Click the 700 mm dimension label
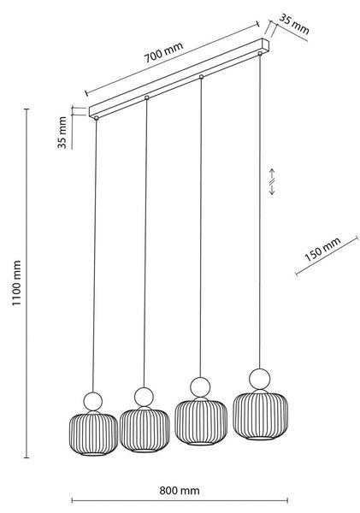click(x=163, y=52)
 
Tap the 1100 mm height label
click(x=16, y=283)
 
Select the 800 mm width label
click(x=180, y=491)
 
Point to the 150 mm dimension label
click(x=322, y=250)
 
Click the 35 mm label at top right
click(x=293, y=24)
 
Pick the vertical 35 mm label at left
click(x=62, y=133)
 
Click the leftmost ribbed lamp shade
click(x=93, y=433)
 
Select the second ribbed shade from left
click(x=145, y=429)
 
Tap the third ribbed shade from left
click(x=201, y=422)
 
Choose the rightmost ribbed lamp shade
click(x=261, y=415)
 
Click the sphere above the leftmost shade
click(x=92, y=402)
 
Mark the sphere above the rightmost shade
click(x=260, y=380)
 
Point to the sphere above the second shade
click(x=144, y=397)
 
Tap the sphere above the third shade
click(x=200, y=387)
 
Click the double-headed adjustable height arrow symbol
click(x=272, y=182)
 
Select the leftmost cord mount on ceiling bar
click(x=97, y=118)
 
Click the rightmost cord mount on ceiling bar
click(x=260, y=53)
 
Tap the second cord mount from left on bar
click(x=146, y=97)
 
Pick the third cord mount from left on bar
click(x=201, y=77)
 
